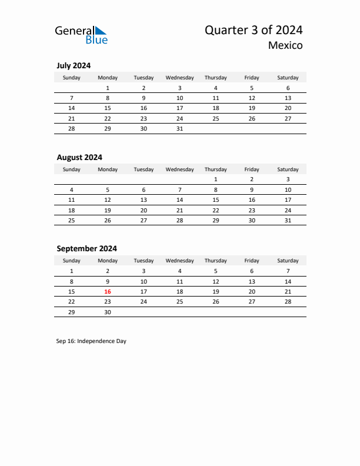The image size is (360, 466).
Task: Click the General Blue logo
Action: coord(81,35)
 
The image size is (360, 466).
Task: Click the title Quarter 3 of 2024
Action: coord(254,30)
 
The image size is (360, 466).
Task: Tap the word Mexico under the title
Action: coord(285,45)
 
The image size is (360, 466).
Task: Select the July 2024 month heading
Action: coord(74,66)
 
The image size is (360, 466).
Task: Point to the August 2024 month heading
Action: coord(79,157)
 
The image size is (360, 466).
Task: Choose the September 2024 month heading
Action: coord(86,248)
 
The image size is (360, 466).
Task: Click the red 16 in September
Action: coord(108,291)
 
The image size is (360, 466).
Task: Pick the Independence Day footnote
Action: coord(91,341)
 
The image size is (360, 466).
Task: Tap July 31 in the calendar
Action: coord(179,128)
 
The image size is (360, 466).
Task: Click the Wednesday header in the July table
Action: coord(179,78)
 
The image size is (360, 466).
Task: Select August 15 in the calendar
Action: coord(215,199)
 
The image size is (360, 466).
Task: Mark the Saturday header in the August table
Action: coord(288,169)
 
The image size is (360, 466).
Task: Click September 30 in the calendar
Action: coord(108,312)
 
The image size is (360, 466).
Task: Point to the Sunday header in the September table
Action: coord(72,261)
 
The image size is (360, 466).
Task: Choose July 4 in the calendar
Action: coord(215,88)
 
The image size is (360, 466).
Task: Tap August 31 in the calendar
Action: coord(288,221)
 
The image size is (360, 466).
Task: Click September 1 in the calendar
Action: coord(72,271)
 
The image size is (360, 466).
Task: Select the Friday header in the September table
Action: coord(252,261)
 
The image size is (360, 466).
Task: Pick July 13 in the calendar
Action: coord(288,98)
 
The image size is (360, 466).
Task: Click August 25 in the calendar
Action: coord(72,221)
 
